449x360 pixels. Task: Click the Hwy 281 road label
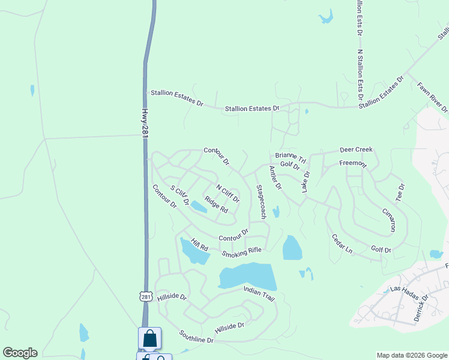[x=145, y=123]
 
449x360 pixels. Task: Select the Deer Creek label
[x=356, y=149]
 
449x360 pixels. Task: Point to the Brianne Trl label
[x=291, y=157]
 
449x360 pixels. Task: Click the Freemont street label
[x=352, y=163]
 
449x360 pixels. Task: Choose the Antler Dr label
[x=275, y=178]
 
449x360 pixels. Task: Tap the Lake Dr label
[x=306, y=182]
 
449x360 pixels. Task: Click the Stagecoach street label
[x=261, y=201]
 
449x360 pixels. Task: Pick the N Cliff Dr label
[x=228, y=193]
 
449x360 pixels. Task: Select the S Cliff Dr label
[x=179, y=196]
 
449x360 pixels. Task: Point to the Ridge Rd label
[x=216, y=205]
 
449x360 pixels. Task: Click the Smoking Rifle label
[x=242, y=253]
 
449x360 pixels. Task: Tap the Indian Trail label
[x=259, y=293]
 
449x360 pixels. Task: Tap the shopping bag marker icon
[x=149, y=338]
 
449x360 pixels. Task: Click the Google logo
[x=20, y=353]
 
